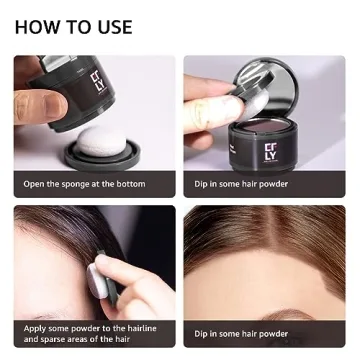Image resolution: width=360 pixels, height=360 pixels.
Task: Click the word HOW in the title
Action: pos(38,27)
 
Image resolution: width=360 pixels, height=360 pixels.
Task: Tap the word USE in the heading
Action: pos(110,27)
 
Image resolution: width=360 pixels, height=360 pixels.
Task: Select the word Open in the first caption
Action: pos(36,184)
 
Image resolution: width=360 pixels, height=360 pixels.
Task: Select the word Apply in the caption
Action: pos(36,328)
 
